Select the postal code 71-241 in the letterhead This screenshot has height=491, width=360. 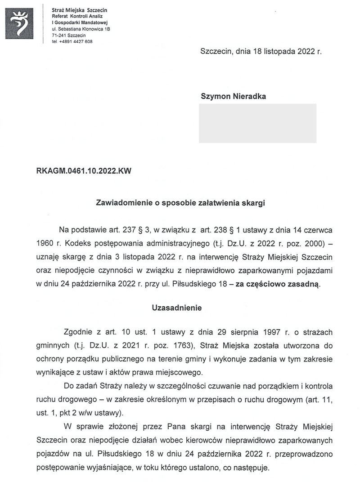coord(58,35)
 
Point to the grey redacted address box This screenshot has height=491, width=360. coord(257,123)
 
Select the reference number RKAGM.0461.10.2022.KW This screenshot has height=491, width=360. coord(84,171)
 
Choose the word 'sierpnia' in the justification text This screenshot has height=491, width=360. coord(230,332)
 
